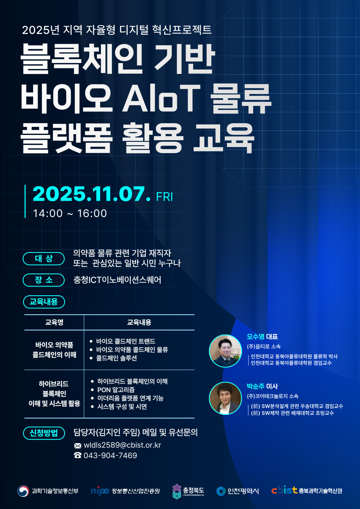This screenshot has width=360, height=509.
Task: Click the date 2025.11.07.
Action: tap(91, 195)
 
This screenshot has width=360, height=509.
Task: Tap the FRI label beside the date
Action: tap(164, 197)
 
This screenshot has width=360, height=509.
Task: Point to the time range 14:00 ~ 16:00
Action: tap(70, 213)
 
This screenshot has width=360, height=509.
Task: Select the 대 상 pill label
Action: tap(44, 259)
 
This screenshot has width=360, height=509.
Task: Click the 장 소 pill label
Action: tap(44, 280)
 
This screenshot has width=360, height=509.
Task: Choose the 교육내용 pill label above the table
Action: tap(44, 301)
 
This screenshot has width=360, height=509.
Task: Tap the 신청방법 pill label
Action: tap(44, 433)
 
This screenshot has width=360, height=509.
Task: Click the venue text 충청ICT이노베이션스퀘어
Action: tap(117, 280)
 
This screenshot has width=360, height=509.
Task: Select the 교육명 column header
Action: tap(54, 322)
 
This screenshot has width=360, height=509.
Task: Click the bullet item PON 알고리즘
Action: tap(116, 389)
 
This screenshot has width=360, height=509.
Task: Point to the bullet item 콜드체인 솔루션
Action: tap(116, 358)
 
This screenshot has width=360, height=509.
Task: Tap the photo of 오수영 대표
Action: tap(225, 351)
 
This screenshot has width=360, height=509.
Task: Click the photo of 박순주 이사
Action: tap(225, 398)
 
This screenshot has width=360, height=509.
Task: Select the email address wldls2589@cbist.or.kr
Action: tap(122, 445)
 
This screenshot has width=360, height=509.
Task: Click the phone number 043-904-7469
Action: tap(110, 455)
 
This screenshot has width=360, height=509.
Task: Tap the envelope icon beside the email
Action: tap(78, 446)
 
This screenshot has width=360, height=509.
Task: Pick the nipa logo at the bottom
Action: tap(100, 491)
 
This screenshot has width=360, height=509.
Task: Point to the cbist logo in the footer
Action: tap(284, 490)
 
